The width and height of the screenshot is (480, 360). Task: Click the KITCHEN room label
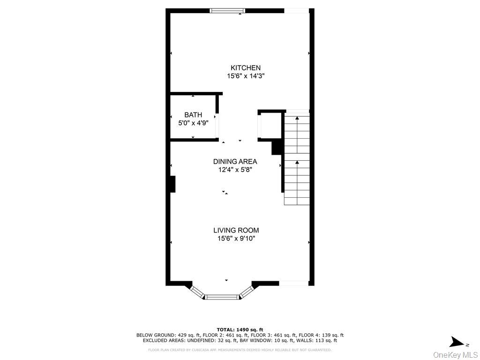coord(245,68)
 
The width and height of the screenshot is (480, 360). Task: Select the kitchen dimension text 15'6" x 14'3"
coord(245,76)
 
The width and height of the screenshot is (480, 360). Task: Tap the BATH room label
coord(193,115)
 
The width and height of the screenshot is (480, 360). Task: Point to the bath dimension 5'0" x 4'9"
coord(193,123)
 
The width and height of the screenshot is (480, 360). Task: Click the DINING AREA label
coord(235,162)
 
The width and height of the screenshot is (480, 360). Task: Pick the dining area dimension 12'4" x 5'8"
coord(235,170)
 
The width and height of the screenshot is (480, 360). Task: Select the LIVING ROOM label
coord(236,230)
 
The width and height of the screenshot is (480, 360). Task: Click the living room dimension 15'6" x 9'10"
coord(236,238)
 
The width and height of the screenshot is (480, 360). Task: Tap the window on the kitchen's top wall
coord(227,10)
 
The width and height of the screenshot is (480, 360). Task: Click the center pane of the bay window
coord(222,297)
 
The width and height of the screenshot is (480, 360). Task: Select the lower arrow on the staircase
coord(297,163)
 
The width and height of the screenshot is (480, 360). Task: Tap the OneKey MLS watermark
coord(455,354)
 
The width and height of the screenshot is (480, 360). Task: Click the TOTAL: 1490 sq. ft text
coord(240,330)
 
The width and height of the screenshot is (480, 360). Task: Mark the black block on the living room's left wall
coord(172,184)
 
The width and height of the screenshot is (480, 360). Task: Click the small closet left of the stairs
coord(271,126)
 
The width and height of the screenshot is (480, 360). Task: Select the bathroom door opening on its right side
coord(216,126)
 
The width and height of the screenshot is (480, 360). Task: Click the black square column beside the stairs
coord(277,147)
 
